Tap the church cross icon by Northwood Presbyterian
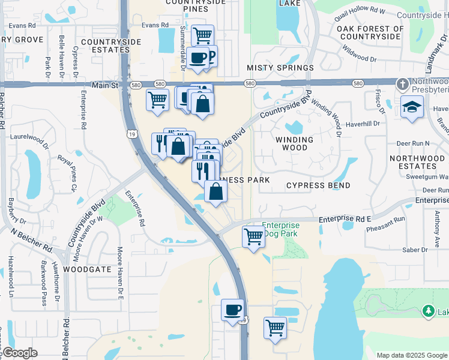(x=403, y=83)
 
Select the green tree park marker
(x=427, y=311)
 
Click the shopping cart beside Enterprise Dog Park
(x=254, y=236)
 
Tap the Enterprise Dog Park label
(x=281, y=229)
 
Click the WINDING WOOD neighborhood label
(x=294, y=144)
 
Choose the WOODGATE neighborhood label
(x=88, y=269)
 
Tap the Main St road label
(x=103, y=86)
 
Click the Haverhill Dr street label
(x=364, y=124)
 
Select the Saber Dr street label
(x=415, y=249)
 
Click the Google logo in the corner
(x=19, y=353)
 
